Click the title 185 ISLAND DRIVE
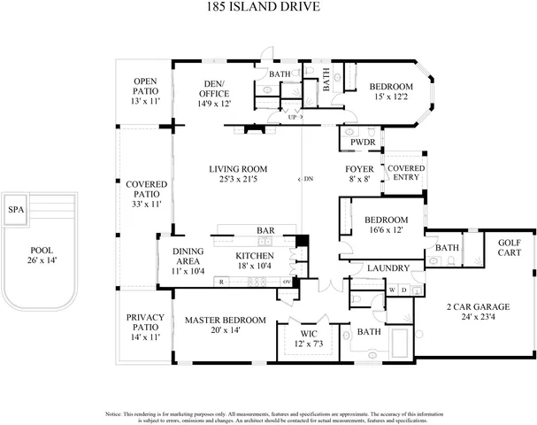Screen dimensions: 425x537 pos(269,10)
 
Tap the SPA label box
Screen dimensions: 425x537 pos(15,210)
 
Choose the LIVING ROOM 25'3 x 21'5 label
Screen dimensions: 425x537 pos(238,174)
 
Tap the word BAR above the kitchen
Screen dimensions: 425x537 pos(265,230)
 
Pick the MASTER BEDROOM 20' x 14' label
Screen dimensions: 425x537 pos(225,325)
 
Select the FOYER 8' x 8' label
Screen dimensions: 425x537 pos(359,174)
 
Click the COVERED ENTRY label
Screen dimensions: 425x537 pos(405,174)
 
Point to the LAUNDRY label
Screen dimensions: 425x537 pos(387,268)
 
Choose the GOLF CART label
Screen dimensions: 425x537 pos(510,247)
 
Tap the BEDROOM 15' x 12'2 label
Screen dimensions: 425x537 pos(390,91)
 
